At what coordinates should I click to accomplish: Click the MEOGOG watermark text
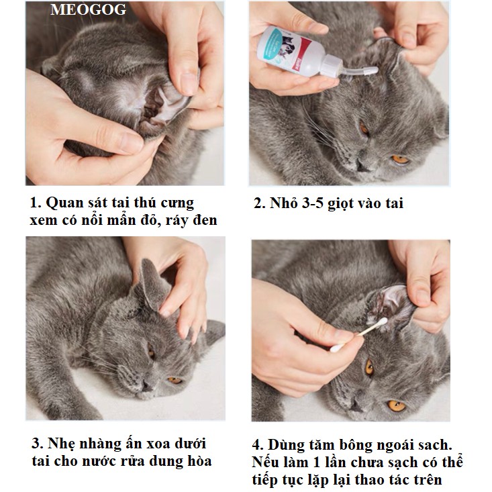pyautogui.click(x=88, y=9)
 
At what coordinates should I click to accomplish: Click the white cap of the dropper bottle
pyautogui.click(x=333, y=66)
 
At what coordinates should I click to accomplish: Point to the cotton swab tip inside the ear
pyautogui.click(x=382, y=322)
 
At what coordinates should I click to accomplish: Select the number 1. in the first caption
pyautogui.click(x=36, y=203)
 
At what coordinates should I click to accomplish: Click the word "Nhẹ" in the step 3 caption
pyautogui.click(x=62, y=444)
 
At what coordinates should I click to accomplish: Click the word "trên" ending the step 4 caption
pyautogui.click(x=428, y=480)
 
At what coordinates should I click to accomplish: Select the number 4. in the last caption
pyautogui.click(x=258, y=446)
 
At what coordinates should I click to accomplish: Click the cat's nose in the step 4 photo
pyautogui.click(x=356, y=405)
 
